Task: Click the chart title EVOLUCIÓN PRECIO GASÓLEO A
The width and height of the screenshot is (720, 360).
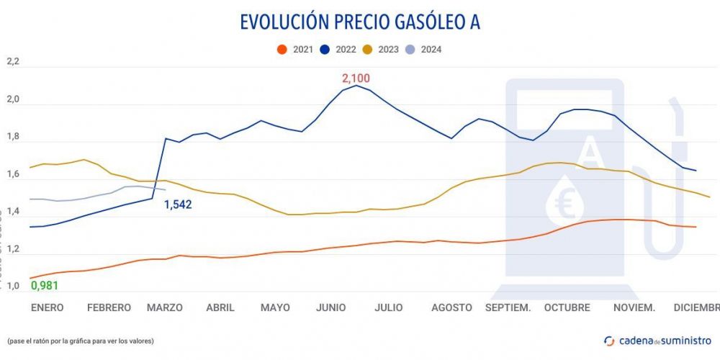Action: [x=359, y=22]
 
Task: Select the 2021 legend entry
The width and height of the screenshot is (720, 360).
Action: [x=296, y=50]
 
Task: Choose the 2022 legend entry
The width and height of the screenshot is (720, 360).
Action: [x=340, y=50]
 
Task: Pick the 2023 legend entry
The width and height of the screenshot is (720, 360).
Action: [x=383, y=50]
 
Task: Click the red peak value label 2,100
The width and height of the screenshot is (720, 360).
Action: [x=356, y=78]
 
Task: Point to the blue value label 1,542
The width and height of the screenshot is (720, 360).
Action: [x=178, y=204]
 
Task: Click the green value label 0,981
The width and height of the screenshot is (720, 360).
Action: [x=44, y=286]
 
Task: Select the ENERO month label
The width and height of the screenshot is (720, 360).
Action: [x=48, y=307]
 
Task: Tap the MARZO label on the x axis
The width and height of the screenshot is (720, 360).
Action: [x=165, y=307]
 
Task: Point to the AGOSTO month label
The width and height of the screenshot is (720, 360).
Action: [x=452, y=307]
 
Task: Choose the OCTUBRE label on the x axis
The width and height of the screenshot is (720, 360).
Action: [x=567, y=307]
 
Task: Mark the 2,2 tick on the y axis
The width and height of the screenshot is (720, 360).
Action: [x=12, y=63]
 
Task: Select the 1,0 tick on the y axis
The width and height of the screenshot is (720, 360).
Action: [x=12, y=287]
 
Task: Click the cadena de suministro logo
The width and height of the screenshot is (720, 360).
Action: [x=657, y=340]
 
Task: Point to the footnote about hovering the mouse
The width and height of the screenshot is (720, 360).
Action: [x=81, y=341]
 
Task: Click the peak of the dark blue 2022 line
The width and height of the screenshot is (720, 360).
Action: [x=356, y=86]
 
